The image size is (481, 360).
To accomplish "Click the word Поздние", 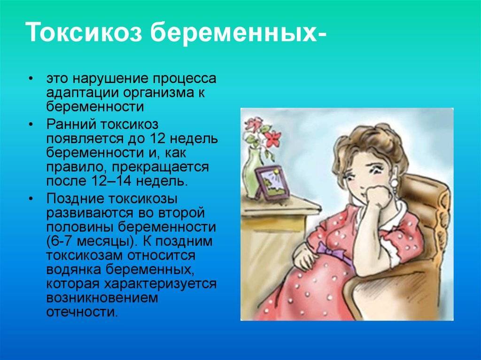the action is point(75,199).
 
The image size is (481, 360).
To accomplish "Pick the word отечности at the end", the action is point(82,312).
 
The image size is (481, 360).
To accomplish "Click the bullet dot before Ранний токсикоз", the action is point(31,124).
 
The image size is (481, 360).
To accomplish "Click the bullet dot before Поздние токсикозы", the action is point(31,199).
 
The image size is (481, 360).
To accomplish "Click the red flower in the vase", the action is point(272,138).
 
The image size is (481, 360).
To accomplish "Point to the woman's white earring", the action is point(394,184).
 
